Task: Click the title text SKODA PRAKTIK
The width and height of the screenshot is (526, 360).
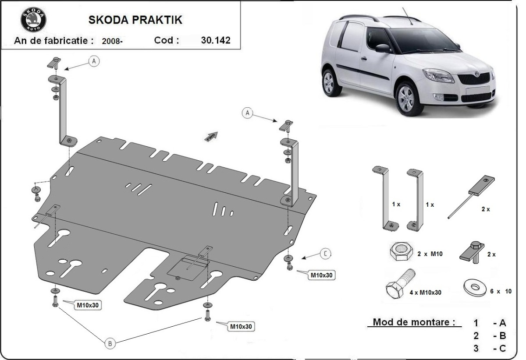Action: click(x=136, y=20)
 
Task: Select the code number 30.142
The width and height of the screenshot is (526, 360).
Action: click(x=215, y=41)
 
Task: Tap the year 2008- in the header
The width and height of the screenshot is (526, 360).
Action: click(x=112, y=42)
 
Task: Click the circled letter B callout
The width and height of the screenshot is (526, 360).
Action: click(x=110, y=344)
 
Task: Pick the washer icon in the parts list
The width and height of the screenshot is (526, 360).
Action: click(x=474, y=287)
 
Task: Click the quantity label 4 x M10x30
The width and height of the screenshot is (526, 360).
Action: click(x=425, y=292)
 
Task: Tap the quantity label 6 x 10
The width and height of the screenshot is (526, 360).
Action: click(x=501, y=291)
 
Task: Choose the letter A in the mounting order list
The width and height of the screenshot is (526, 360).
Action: click(x=502, y=323)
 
